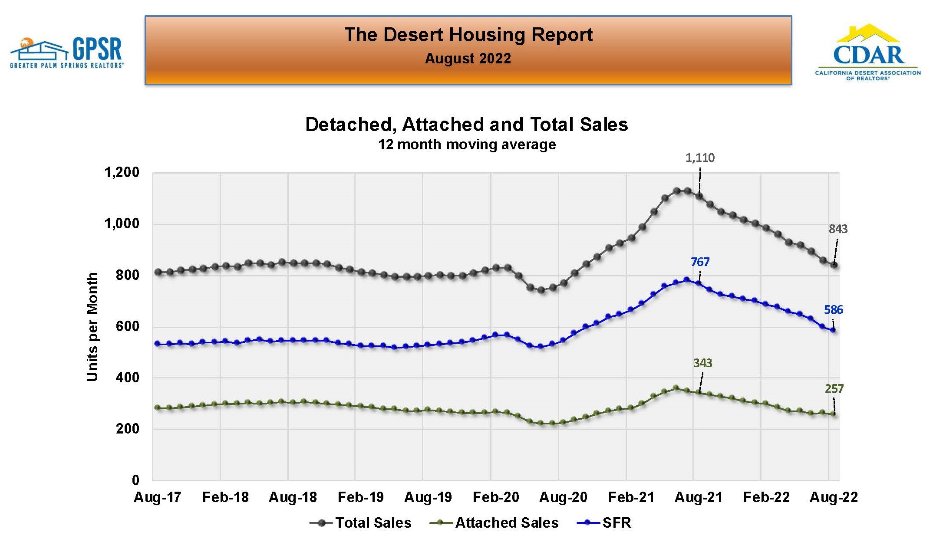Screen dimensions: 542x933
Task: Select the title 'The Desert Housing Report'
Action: [x=468, y=35]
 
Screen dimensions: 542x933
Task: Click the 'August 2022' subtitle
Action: [x=468, y=59]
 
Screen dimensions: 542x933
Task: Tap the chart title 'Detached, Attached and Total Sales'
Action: [x=466, y=125]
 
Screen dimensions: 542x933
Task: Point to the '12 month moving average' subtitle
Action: [x=467, y=145]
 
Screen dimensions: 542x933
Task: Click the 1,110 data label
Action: [x=700, y=158]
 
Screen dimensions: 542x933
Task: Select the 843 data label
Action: [x=838, y=229]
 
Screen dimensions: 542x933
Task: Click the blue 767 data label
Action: [x=700, y=262]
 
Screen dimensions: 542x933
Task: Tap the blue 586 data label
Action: [x=833, y=310]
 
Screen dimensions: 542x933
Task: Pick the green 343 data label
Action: [x=702, y=363]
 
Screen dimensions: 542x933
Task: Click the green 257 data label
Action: [x=834, y=389]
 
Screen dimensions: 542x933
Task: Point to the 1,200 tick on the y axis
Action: [x=122, y=173]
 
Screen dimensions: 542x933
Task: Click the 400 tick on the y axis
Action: [x=128, y=378]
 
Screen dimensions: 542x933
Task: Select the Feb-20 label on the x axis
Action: [x=496, y=497]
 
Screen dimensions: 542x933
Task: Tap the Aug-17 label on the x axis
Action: [x=158, y=497]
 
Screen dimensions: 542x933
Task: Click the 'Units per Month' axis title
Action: [x=92, y=327]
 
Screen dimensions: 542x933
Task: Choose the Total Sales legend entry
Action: [x=361, y=523]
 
